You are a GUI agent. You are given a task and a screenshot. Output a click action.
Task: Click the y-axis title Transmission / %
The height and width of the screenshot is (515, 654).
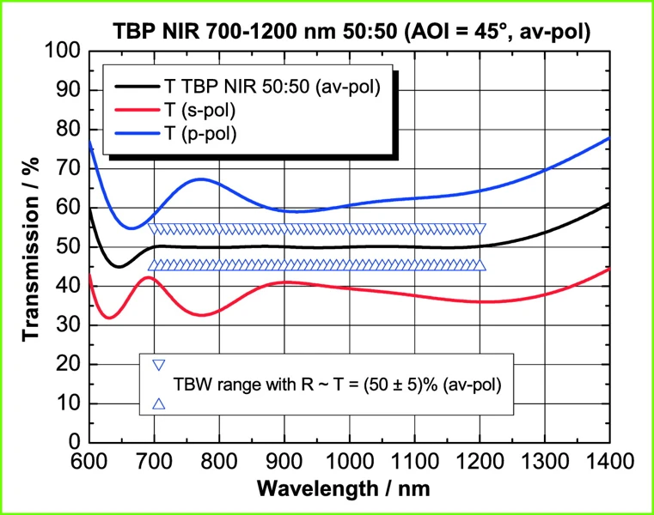pyautogui.click(x=33, y=247)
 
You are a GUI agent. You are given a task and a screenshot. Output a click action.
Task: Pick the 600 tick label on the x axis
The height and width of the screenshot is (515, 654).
pyautogui.click(x=89, y=462)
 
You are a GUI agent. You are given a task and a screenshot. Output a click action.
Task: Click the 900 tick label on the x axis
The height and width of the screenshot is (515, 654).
pyautogui.click(x=284, y=462)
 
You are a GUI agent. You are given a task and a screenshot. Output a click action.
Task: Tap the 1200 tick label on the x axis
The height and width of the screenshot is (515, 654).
pyautogui.click(x=480, y=462)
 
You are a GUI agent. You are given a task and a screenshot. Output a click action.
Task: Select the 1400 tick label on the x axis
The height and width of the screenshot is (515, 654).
pyautogui.click(x=609, y=462)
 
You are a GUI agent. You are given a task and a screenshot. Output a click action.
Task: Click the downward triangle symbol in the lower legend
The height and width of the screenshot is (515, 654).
pyautogui.click(x=158, y=365)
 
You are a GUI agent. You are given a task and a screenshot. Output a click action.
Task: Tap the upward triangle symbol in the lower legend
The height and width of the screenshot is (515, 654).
pyautogui.click(x=158, y=403)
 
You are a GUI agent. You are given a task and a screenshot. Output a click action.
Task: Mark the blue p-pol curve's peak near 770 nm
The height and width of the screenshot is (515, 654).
pyautogui.click(x=200, y=179)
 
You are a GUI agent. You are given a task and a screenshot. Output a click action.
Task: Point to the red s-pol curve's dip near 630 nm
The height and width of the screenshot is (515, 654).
pyautogui.click(x=108, y=318)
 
